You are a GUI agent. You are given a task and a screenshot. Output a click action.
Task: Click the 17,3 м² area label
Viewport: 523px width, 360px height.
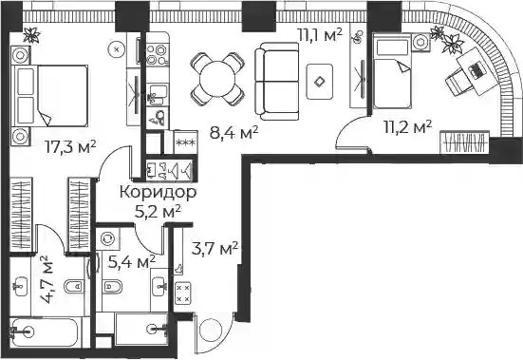pos(70,147)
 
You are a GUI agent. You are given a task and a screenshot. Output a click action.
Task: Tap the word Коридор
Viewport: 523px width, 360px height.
pos(159,193)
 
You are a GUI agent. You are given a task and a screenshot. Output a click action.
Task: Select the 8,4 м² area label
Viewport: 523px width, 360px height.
pos(233,133)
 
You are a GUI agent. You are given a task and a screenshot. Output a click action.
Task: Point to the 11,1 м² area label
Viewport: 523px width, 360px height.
pos(320,34)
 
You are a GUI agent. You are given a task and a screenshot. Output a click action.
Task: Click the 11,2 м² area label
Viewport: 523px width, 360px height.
pos(407,126)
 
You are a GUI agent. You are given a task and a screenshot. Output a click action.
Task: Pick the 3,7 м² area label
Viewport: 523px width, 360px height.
pos(215,248)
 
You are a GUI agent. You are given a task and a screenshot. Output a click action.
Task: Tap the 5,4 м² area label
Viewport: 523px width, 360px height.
pos(132,262)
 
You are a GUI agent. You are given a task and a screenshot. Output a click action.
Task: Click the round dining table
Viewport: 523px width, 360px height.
pos(217,80)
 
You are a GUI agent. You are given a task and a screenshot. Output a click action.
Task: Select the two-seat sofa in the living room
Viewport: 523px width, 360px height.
pos(277,81)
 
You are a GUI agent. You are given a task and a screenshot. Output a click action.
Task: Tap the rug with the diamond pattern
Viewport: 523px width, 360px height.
pos(320,82)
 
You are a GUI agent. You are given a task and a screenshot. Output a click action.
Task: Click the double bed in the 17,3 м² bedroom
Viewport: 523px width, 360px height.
pos(49,96)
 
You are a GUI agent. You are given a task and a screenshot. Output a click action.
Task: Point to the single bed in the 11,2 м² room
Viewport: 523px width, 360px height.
pos(392,70)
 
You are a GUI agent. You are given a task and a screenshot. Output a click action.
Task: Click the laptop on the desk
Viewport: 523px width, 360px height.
pos(476,70)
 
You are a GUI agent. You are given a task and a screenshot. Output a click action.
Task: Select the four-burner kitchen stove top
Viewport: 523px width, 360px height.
pos(158,55)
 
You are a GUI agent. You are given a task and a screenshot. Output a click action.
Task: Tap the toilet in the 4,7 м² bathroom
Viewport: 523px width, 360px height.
pos(74,287)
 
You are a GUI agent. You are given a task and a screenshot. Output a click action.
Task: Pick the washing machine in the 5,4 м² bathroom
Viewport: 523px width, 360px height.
pos(108,238)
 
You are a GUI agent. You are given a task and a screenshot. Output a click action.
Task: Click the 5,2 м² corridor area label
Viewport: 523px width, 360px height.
pos(158,211)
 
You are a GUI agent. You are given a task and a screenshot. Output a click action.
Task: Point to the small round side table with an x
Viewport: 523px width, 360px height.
pos(117,49)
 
